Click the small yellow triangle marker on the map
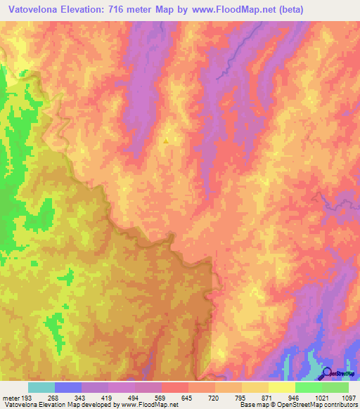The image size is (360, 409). tap(166, 141)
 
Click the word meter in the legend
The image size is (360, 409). tap(12, 396)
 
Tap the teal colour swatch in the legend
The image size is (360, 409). tap(41, 387)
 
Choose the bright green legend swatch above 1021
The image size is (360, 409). tap(308, 387)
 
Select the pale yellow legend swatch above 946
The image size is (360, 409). tap(281, 387)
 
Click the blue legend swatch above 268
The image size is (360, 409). tap(67, 387)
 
